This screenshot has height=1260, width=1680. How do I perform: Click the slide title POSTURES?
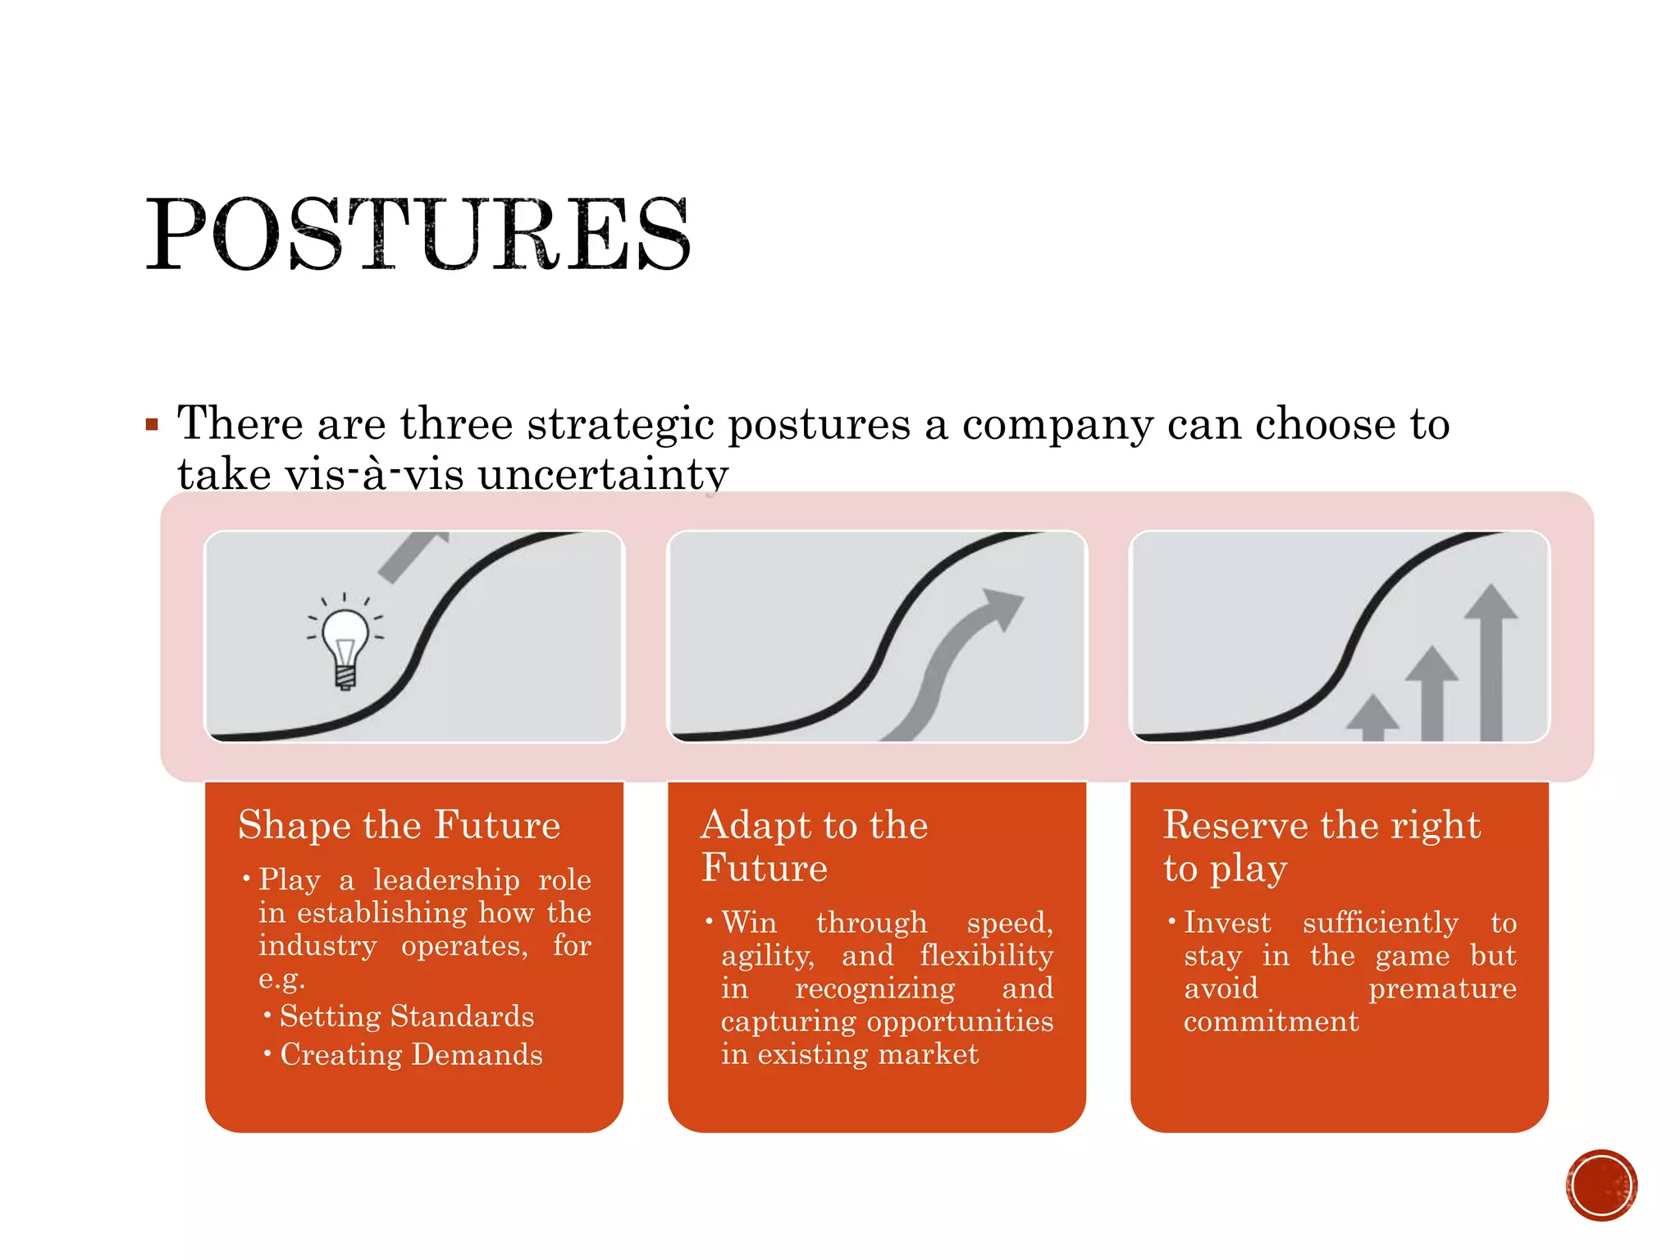[418, 235]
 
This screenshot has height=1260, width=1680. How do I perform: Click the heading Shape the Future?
[399, 824]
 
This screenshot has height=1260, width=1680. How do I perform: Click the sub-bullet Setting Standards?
[406, 1016]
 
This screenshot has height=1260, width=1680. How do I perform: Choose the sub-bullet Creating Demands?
[411, 1055]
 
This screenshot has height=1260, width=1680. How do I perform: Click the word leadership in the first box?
[446, 880]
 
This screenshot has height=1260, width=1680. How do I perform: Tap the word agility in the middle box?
[767, 956]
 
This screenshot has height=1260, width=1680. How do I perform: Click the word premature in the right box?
[1441, 989]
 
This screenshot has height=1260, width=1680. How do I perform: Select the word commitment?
[1271, 1022]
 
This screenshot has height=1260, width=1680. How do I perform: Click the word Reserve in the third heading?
[1228, 825]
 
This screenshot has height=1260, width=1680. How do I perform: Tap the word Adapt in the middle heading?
[750, 825]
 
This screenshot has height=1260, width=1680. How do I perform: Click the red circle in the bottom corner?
[1600, 1185]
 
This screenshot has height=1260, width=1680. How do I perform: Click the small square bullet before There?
[152, 425]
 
